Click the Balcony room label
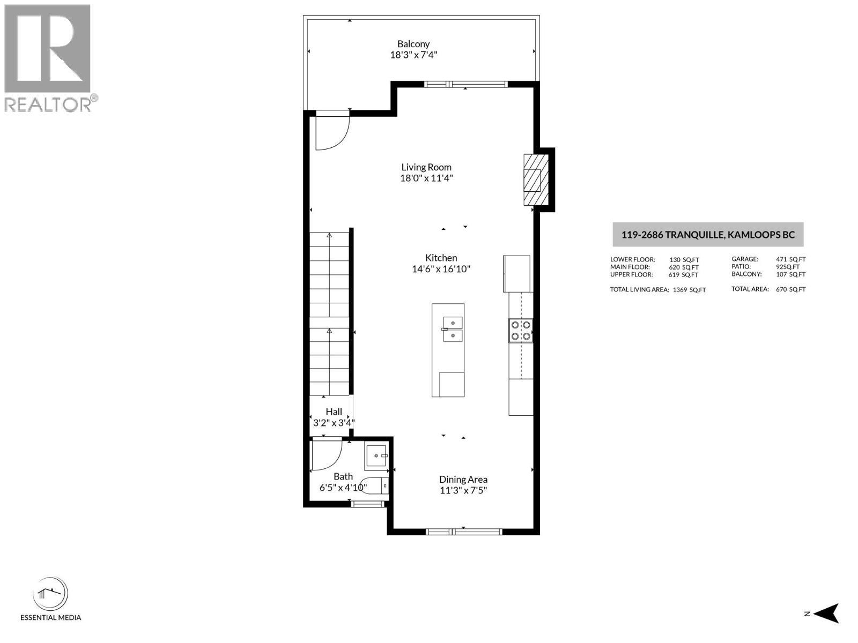[x=413, y=44]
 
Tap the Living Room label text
[x=426, y=168]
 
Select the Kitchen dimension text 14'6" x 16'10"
[x=441, y=269]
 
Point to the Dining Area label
[x=463, y=480]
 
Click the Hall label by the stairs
[x=334, y=412]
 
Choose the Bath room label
[x=343, y=477]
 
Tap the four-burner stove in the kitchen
[x=521, y=330]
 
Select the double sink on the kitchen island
[x=453, y=329]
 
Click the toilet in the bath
[x=374, y=486]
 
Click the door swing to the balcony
[x=332, y=131]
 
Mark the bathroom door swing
[x=327, y=455]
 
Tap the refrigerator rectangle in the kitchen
[x=517, y=274]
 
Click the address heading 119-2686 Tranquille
[x=708, y=235]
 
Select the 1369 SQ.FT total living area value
[x=689, y=290]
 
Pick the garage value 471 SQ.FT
[x=791, y=259]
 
